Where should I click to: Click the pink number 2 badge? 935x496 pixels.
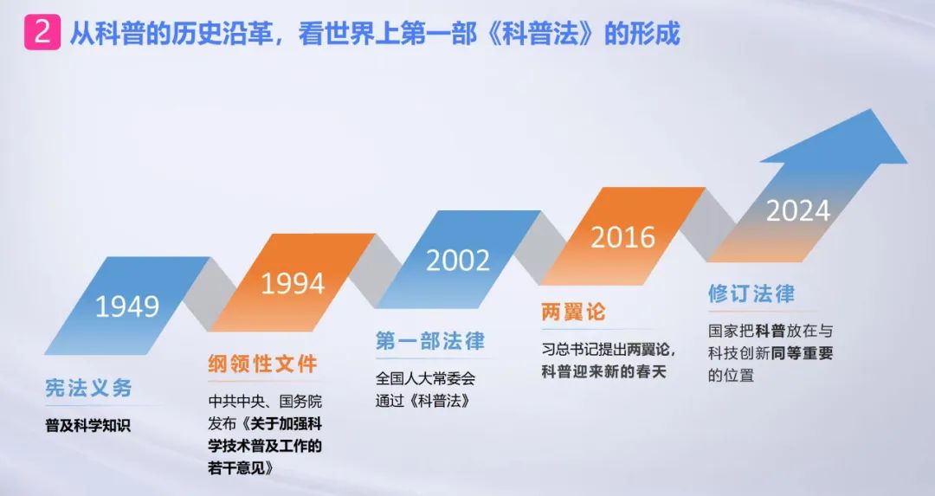pos(42,32)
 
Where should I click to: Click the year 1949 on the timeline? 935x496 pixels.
pos(127,306)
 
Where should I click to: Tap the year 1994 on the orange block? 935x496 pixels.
pos(293,283)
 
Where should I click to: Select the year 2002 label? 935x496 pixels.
pos(458,260)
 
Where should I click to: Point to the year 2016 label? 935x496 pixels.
pos(622,237)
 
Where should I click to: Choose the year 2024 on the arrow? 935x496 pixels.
pos(798,210)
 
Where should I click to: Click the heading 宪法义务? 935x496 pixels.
pos(88,388)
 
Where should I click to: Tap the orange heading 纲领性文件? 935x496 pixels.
pos(262,364)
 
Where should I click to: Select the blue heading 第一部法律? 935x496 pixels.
pos(430,340)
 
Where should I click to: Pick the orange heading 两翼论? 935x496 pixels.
pos(573,312)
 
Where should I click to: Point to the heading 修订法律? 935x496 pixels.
pos(751,293)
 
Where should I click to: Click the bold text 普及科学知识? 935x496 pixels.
pos(87,426)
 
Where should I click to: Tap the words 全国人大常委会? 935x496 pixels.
pos(425,378)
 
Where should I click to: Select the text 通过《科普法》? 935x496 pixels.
pos(422,401)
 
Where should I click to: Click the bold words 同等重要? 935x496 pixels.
pos(802,353)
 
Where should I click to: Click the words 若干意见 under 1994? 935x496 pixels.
pos(236,468)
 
